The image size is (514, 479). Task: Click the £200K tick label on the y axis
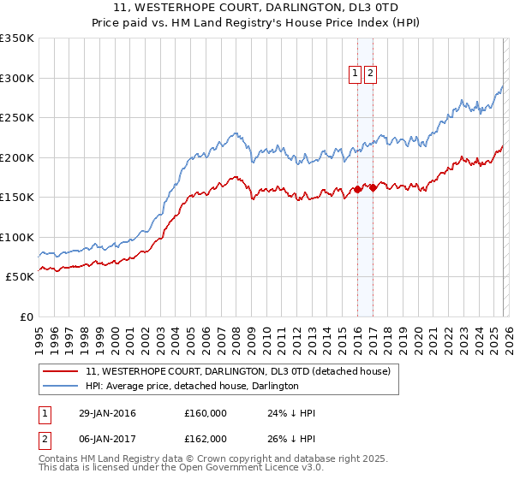click(17, 157)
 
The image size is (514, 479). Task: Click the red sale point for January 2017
click(372, 187)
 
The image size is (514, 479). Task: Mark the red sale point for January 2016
click(357, 189)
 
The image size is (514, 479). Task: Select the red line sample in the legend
click(62, 371)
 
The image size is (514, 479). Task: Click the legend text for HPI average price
click(192, 386)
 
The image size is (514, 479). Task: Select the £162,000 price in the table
click(206, 438)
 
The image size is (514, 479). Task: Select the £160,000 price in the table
click(206, 414)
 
